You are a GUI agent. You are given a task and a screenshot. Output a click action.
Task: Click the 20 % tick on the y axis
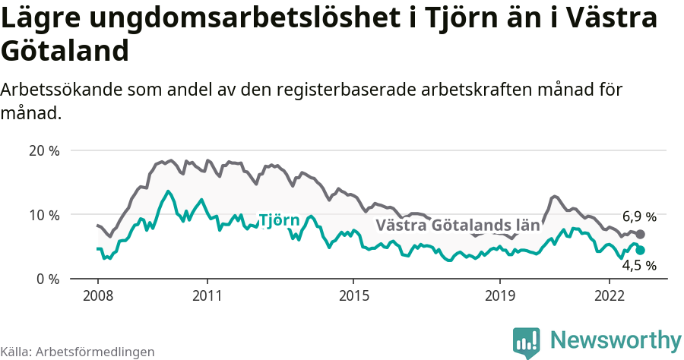pos(43,150)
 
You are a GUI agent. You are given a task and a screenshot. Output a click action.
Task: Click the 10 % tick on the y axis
pos(43,215)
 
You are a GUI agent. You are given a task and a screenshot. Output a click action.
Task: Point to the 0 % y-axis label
pos(46,279)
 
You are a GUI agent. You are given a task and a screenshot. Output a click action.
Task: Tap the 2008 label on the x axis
pos(98,295)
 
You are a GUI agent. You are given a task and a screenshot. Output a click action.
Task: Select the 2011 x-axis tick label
pos(207,295)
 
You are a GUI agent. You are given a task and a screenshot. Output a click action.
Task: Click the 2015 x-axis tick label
pos(353,295)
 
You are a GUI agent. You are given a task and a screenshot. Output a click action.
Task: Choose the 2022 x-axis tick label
pos(610,295)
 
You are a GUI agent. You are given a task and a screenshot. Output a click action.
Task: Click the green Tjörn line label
pos(279,220)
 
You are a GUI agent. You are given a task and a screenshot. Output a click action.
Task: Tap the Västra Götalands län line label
pos(458,225)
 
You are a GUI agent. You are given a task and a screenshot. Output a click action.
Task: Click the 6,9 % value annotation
pos(639,216)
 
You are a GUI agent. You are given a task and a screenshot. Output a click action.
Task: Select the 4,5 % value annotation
pos(639,266)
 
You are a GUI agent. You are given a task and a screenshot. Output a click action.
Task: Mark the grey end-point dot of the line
pos(641,234)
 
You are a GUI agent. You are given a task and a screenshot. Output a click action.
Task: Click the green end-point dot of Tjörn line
pos(641,250)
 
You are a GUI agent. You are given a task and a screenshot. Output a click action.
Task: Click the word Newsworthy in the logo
pos(616,339)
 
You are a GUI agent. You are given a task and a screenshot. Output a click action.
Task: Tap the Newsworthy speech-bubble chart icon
pos(527,342)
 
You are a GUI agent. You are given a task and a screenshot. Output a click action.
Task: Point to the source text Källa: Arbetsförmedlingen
pos(78,352)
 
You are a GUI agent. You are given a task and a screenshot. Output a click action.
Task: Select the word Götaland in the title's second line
pos(64,52)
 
